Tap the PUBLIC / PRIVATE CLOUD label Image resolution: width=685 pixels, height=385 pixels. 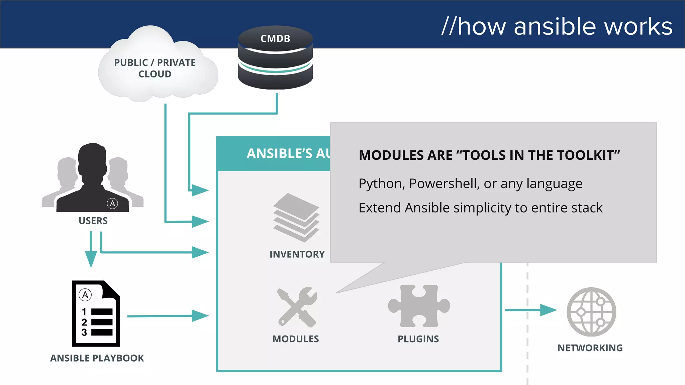tap(155, 68)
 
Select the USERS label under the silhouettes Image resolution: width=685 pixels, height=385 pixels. tap(93, 221)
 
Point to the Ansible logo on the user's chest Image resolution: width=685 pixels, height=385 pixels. tap(112, 203)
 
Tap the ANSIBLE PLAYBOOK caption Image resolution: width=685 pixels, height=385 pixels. tap(97, 358)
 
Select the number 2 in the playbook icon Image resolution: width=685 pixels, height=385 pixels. tap(84, 322)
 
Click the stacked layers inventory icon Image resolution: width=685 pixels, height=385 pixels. tap(296, 218)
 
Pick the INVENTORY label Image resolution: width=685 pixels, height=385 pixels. tap(297, 254)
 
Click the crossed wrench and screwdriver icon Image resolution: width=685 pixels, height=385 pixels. tap(297, 307)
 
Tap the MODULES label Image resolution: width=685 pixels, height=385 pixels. tap(296, 339)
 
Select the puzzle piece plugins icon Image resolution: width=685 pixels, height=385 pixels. tap(419, 306)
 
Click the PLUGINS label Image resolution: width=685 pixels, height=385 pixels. tap(418, 339)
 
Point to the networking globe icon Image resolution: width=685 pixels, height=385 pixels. tap(591, 312)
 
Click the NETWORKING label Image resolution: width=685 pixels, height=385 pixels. tap(590, 348)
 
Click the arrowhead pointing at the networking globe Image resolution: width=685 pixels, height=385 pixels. tap(549, 310)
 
